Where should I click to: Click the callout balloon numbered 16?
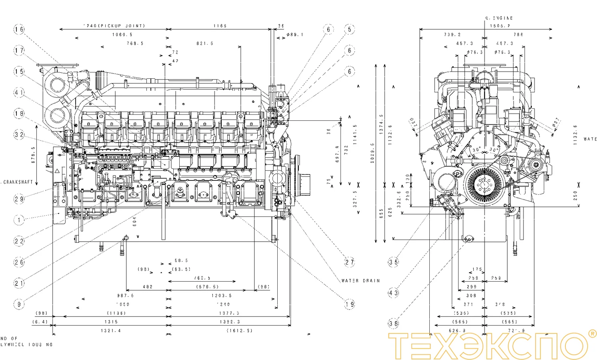19,29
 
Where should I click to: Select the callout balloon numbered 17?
19,50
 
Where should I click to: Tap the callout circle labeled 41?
19,93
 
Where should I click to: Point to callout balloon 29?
19,199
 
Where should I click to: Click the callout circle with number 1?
19,220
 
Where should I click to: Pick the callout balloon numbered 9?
19,304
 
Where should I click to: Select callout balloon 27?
349,262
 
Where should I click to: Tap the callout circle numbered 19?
349,304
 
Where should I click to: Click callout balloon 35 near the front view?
393,262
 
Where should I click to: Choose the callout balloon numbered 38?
393,323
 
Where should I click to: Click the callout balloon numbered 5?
349,29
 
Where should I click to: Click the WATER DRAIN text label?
360,281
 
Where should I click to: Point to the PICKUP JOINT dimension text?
114,26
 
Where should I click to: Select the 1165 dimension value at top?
220,26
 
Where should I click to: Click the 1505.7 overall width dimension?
500,26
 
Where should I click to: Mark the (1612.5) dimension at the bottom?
239,331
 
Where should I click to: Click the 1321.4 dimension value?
111,331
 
